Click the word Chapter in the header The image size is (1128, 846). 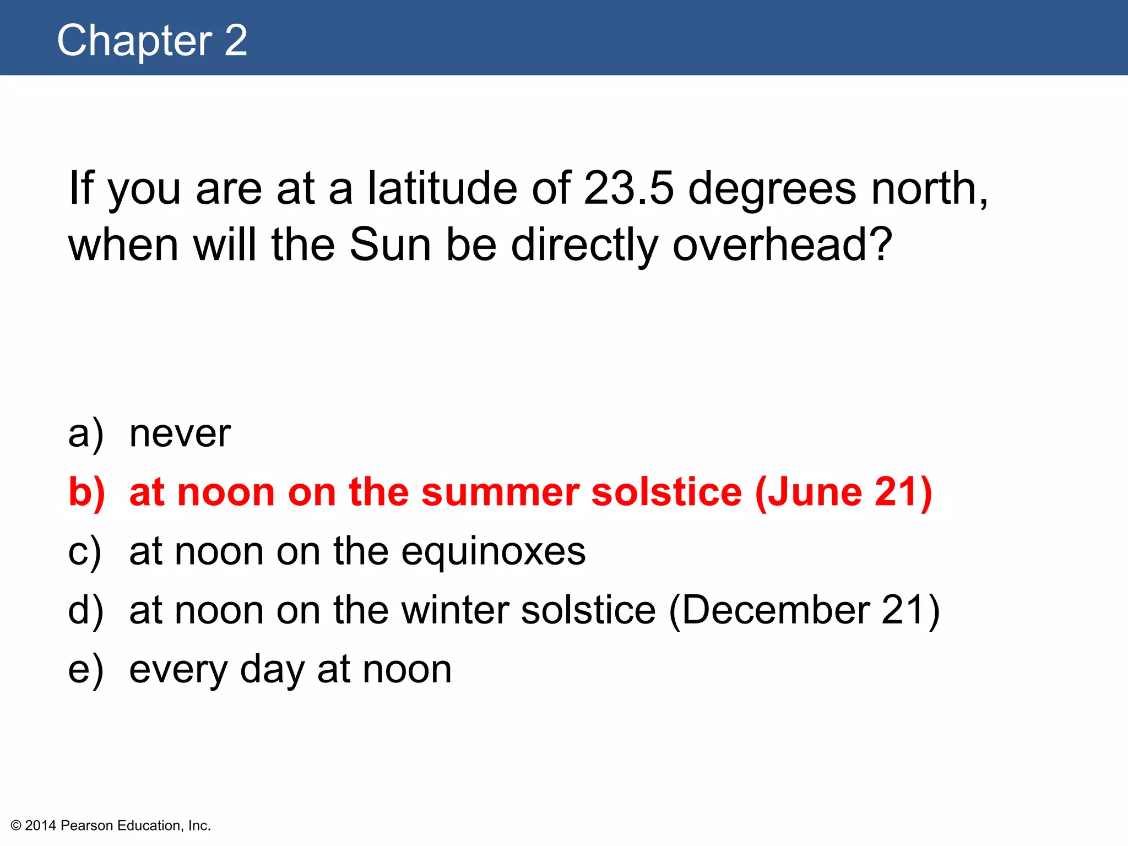(x=134, y=41)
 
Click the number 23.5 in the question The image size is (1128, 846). (x=628, y=188)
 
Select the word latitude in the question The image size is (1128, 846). (x=442, y=188)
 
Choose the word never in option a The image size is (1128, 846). (x=180, y=434)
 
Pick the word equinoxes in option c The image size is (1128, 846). (x=493, y=551)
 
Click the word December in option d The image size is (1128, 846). (x=776, y=610)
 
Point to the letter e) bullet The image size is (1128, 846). (x=85, y=670)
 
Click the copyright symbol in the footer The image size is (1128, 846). (x=16, y=826)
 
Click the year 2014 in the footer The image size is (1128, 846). (x=41, y=826)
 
